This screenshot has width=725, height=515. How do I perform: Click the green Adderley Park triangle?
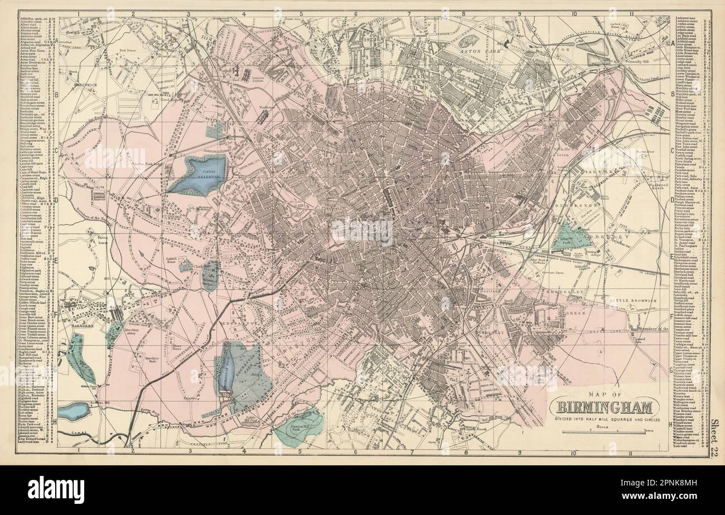tap(571, 237)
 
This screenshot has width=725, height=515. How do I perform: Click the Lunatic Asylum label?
tap(257, 78)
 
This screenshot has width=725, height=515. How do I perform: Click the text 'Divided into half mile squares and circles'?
tap(605, 419)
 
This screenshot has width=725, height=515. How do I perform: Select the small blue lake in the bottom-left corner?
tap(73, 411)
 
